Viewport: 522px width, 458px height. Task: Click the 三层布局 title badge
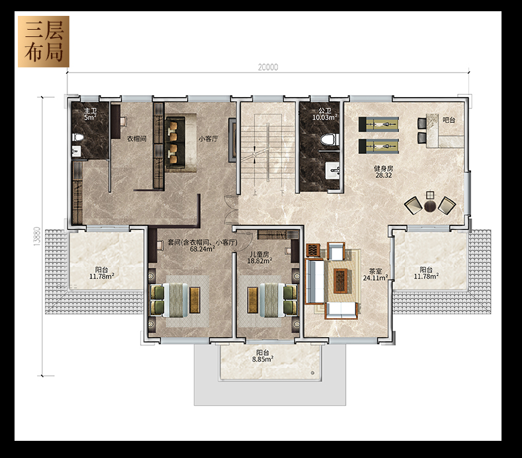tap(44, 42)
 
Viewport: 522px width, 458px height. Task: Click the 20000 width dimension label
tap(268, 67)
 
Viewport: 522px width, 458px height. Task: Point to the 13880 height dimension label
tap(37, 237)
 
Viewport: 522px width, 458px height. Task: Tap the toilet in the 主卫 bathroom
tap(77, 137)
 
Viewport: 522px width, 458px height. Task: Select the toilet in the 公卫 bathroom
tap(330, 139)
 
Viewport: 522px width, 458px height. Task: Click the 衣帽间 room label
tap(137, 139)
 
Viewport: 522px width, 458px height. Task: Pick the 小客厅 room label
tap(208, 139)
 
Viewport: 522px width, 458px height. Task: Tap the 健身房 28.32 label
tap(383, 172)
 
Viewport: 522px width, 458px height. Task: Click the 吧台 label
tap(449, 120)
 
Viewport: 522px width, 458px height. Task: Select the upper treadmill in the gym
tap(379, 124)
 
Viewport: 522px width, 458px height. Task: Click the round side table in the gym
tap(429, 206)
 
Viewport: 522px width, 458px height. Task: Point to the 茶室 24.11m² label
tap(375, 274)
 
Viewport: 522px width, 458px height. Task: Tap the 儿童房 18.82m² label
tap(259, 258)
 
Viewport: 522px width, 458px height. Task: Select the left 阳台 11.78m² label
tap(102, 273)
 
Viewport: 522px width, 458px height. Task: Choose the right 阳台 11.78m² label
tap(426, 273)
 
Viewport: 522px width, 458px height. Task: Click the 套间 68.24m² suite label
tap(202, 245)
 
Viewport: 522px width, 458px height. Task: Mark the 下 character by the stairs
tap(282, 192)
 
